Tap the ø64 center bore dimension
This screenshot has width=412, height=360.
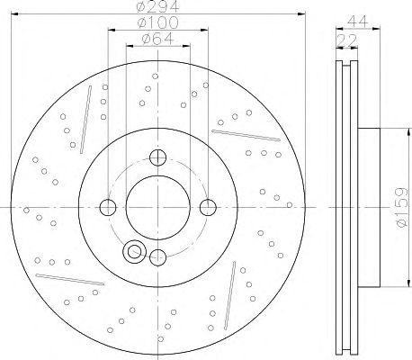tap(157, 39)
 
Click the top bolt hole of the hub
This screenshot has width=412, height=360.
tap(157, 159)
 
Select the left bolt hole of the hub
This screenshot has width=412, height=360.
tap(108, 208)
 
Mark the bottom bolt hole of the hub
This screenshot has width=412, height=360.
tap(157, 256)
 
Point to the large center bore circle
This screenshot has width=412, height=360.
tap(157, 208)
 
